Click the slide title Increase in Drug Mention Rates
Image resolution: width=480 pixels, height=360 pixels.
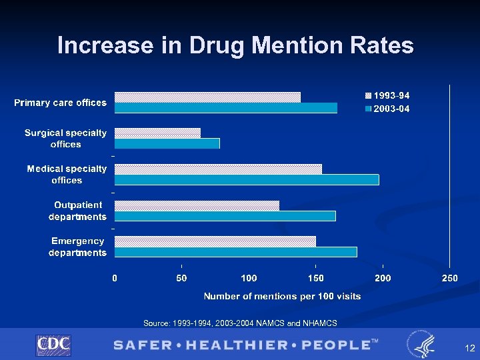click(235, 45)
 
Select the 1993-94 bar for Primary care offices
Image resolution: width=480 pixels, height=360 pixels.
click(207, 97)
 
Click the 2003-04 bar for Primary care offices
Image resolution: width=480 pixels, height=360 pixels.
click(225, 108)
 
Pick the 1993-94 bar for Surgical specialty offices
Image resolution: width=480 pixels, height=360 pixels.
click(157, 133)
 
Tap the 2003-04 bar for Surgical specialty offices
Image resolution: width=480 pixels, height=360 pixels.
click(167, 143)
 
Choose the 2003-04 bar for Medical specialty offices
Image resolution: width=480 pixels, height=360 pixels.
click(247, 179)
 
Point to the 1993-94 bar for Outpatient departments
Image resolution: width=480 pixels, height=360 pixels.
click(197, 205)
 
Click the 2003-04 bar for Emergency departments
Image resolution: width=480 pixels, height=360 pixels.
click(235, 251)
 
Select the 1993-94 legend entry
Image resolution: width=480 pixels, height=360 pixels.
click(387, 96)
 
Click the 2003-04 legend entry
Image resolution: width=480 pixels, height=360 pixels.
click(387, 109)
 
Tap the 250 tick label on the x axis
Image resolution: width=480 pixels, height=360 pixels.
click(450, 277)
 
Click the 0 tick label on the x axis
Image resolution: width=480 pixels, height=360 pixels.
click(115, 277)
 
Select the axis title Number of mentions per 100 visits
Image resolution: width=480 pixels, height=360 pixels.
click(282, 296)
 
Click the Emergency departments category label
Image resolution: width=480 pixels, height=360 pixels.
click(78, 247)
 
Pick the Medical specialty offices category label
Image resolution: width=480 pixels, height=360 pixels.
click(67, 175)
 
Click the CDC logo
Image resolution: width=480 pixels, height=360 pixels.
click(53, 345)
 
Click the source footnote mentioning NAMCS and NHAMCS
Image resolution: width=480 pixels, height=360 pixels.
click(240, 323)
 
